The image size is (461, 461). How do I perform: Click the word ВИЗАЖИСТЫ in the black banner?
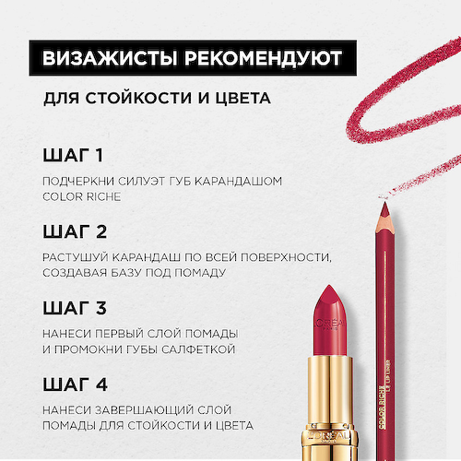tap(100, 60)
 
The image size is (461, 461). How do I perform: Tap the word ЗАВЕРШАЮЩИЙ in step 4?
tap(139, 408)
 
